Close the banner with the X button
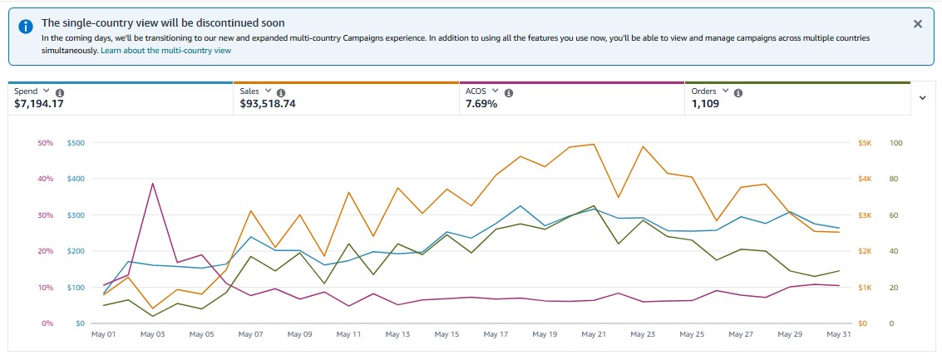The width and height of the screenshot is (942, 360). [918, 24]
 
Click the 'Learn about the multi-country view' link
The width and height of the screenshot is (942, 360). [165, 51]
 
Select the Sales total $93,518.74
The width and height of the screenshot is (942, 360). [268, 104]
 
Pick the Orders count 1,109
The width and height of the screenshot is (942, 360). [706, 104]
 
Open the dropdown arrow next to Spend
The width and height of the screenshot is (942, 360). [47, 91]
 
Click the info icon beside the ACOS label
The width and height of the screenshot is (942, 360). [509, 92]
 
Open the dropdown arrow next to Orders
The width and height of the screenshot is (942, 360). [726, 91]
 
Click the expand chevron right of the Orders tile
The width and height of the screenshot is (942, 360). [923, 97]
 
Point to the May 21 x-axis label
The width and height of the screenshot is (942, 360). [594, 334]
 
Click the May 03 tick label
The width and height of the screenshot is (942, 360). [153, 334]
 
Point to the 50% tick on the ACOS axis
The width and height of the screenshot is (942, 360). [46, 143]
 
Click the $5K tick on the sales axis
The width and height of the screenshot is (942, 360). [865, 143]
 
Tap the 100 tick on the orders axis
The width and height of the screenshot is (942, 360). [895, 143]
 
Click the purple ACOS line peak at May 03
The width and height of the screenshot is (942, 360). [153, 183]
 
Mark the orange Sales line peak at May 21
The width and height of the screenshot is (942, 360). [594, 145]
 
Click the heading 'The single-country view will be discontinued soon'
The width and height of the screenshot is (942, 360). [163, 23]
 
